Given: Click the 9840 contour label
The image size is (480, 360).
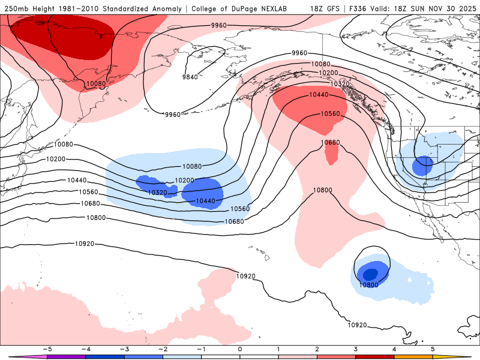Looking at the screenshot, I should coord(190,77).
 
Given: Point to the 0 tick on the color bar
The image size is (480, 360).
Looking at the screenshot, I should coord(239,349).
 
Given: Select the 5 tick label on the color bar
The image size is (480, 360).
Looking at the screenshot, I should coord(433,349).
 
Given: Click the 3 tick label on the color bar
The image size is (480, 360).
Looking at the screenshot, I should coord(355,349).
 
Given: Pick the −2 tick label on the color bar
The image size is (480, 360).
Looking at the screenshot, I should coord(162,349).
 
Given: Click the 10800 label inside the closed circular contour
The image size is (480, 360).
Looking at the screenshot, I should coord(369,285).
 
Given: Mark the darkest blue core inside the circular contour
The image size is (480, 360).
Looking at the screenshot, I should coord(370,274).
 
